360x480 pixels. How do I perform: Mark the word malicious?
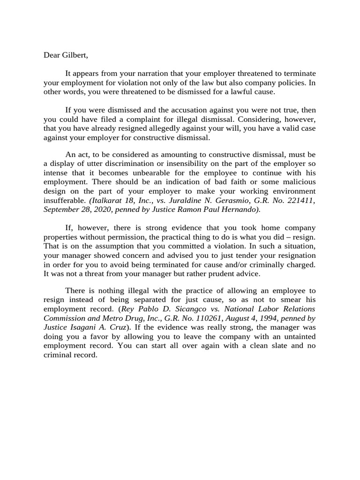(x=298, y=181)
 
